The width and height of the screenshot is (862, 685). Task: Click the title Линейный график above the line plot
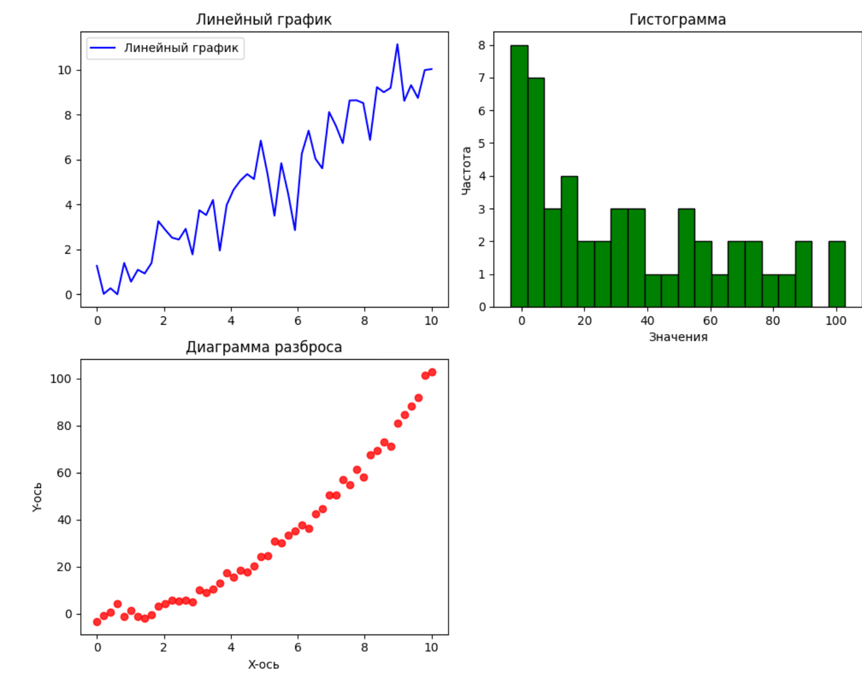(264, 19)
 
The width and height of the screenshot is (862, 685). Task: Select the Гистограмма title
(677, 19)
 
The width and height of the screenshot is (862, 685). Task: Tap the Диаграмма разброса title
(264, 347)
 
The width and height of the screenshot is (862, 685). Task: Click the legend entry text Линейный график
(181, 48)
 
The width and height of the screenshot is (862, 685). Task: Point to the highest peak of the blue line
(397, 45)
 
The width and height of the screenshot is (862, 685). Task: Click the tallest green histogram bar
(519, 176)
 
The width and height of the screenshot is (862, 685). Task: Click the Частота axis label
(466, 171)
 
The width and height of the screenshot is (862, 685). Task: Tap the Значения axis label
(678, 337)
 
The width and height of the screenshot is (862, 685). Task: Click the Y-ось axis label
(37, 497)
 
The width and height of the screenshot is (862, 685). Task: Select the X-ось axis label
(264, 664)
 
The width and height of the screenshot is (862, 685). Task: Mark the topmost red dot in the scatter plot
(432, 372)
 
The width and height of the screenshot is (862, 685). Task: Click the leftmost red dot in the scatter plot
(97, 622)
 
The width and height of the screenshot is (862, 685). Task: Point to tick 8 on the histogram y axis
(482, 45)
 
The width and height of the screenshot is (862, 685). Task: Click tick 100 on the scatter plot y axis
(60, 379)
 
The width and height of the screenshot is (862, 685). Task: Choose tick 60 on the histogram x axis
(710, 321)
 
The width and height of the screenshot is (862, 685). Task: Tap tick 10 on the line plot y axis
(64, 70)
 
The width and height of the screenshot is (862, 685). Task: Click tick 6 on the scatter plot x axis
(297, 647)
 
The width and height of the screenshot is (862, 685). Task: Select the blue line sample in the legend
(102, 48)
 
